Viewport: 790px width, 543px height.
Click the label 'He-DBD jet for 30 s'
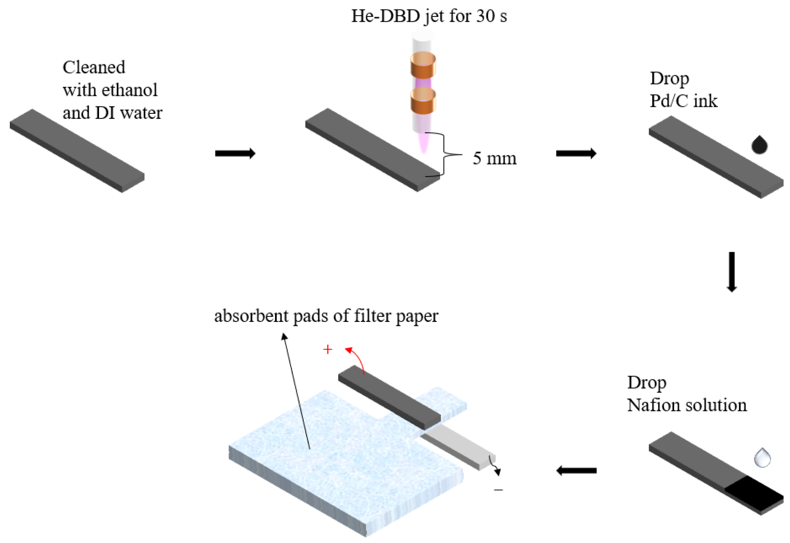click(x=429, y=16)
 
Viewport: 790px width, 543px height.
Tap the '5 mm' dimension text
click(x=494, y=158)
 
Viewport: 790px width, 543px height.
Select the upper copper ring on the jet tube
click(x=423, y=65)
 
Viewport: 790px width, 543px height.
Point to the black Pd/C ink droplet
click(x=759, y=145)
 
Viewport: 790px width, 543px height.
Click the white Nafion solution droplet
click(x=762, y=458)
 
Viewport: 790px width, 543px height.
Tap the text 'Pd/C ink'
click(x=684, y=101)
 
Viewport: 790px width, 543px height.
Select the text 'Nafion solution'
click(x=687, y=405)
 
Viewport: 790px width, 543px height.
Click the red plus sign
click(x=327, y=349)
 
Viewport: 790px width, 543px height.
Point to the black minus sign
click(x=498, y=490)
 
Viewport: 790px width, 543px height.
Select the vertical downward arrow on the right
click(x=731, y=272)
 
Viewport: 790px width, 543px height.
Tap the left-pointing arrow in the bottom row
click(x=576, y=471)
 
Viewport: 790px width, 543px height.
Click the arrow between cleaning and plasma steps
click(x=235, y=154)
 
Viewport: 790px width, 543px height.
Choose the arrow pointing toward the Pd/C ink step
click(x=576, y=154)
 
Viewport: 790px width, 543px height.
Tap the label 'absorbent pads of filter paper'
click(x=326, y=316)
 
